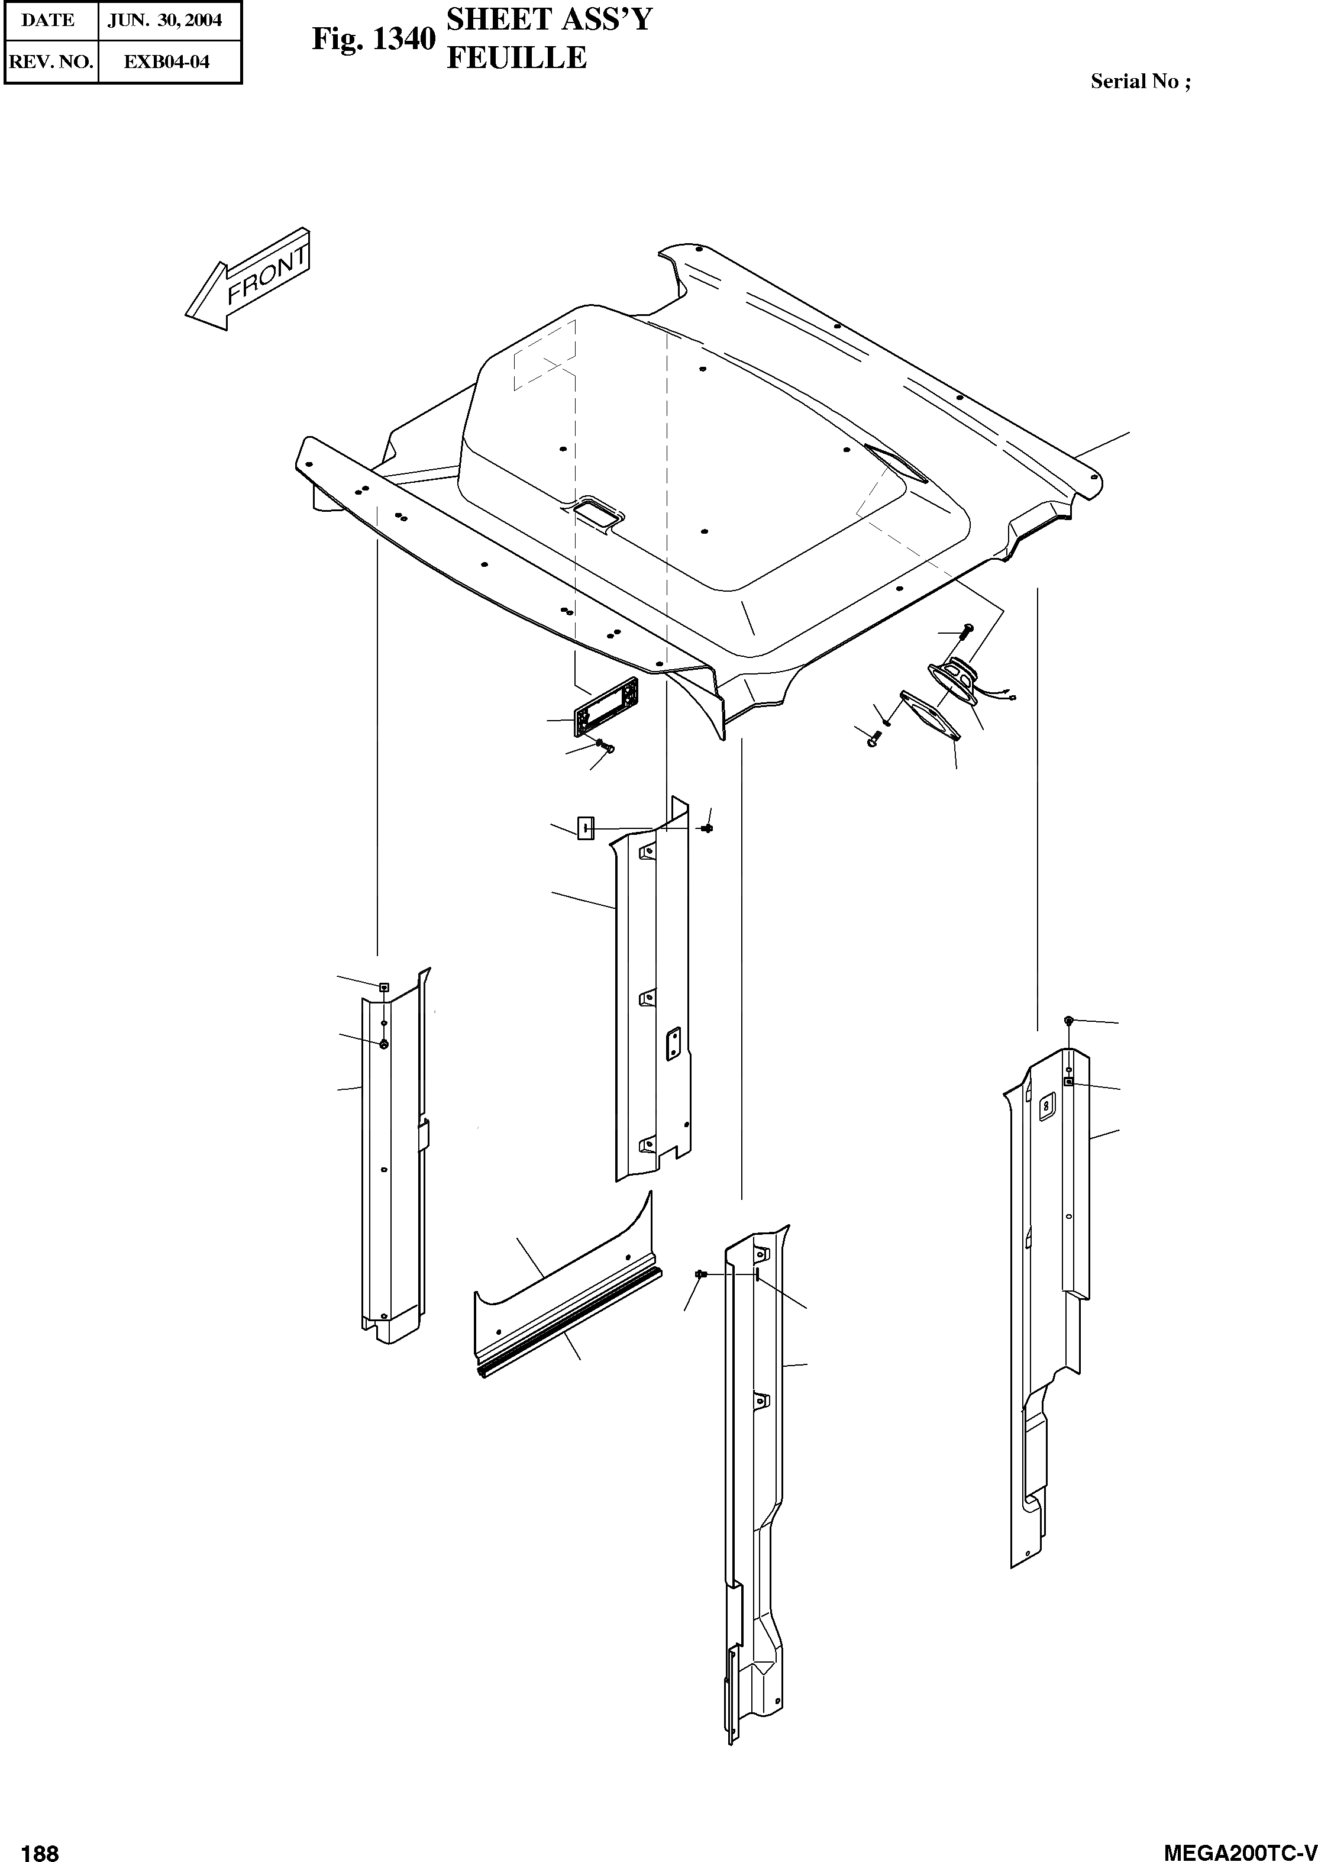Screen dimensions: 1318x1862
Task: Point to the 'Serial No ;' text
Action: (x=1141, y=81)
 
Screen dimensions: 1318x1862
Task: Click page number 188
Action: (x=41, y=1847)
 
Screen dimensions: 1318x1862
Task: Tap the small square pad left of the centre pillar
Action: (x=585, y=828)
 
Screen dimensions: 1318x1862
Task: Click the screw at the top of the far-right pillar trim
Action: (x=1069, y=1019)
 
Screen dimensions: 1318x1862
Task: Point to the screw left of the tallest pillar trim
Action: (x=700, y=1275)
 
